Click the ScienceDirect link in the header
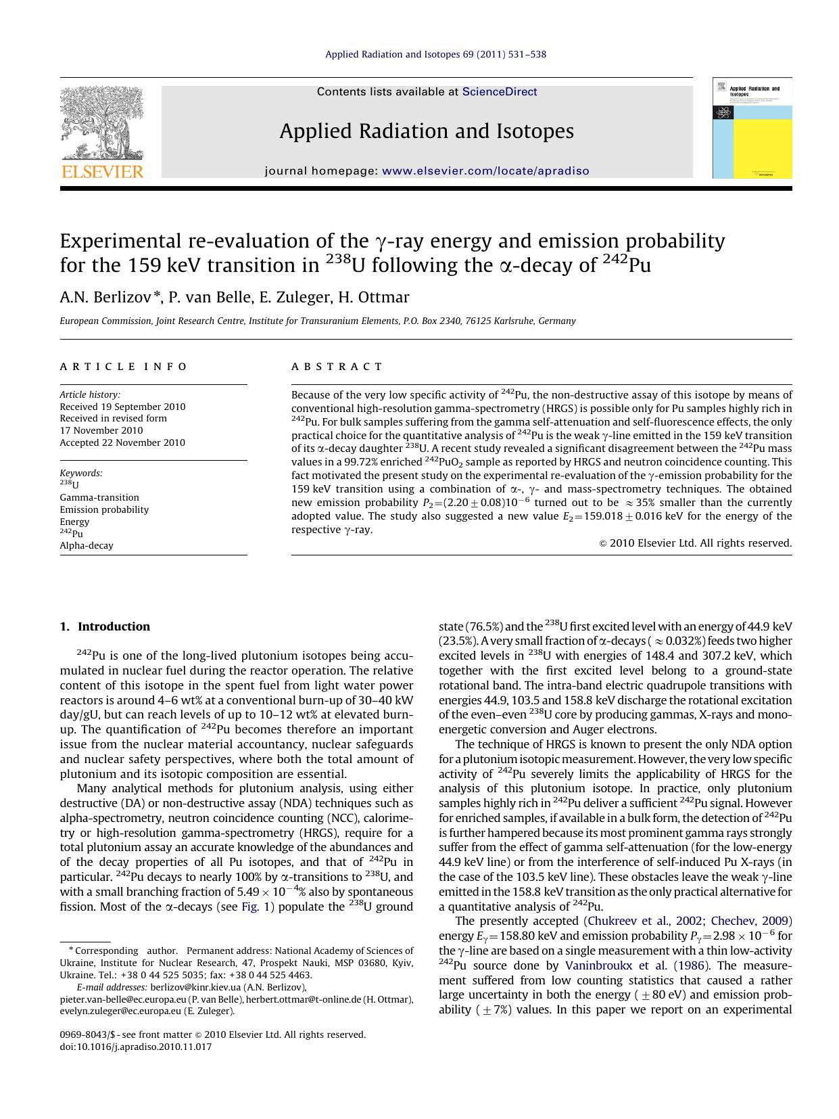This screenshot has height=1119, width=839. [x=500, y=92]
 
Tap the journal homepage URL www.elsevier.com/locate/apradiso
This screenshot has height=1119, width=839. [x=485, y=171]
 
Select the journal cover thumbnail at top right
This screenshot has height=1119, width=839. [x=752, y=128]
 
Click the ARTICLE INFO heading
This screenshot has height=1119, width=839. [x=124, y=367]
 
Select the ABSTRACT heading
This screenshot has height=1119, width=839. [x=337, y=367]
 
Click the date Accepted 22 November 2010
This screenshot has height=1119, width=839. [x=122, y=442]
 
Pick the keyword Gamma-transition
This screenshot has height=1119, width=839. [x=99, y=497]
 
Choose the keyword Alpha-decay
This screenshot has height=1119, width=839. [x=87, y=545]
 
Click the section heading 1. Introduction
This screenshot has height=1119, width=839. [x=105, y=626]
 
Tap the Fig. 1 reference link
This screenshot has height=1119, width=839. [x=258, y=907]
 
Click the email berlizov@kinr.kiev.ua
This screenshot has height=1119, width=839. [x=195, y=987]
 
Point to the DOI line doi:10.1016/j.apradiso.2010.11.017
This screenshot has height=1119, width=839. [x=136, y=1047]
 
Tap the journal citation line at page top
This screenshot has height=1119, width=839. [x=435, y=54]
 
